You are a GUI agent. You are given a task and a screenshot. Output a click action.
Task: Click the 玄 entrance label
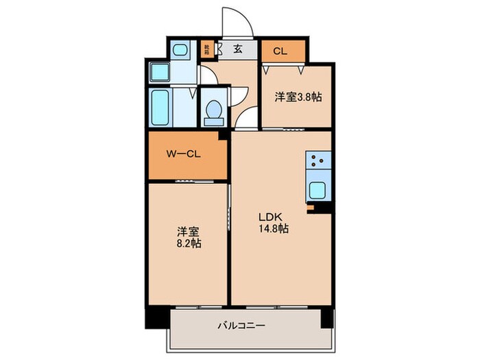(x=237, y=49)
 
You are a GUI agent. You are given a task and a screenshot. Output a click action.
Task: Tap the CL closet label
(x=280, y=51)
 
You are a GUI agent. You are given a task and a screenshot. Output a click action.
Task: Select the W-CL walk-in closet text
(x=183, y=154)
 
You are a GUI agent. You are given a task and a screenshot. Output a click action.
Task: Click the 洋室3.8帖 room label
(x=299, y=97)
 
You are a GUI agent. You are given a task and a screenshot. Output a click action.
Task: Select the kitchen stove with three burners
(x=318, y=163)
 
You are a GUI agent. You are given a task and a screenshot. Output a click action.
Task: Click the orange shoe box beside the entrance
(x=206, y=49)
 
